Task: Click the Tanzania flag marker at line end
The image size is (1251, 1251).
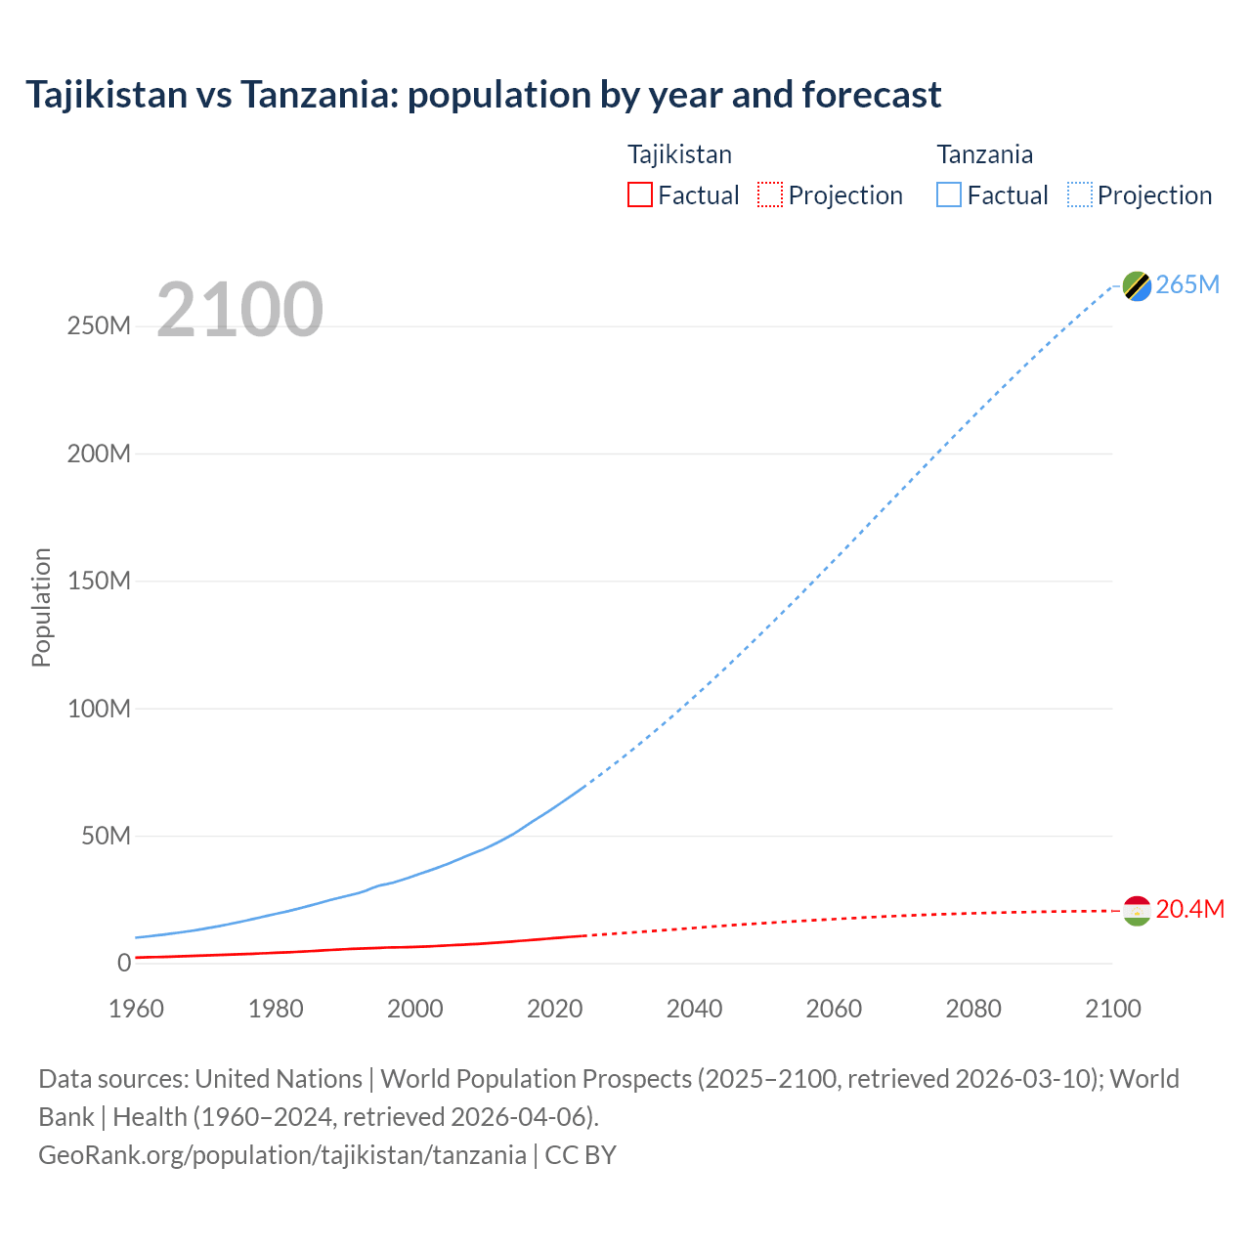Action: point(1137,285)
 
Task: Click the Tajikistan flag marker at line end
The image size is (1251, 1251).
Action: point(1137,911)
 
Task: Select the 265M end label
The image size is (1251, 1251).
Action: point(1187,284)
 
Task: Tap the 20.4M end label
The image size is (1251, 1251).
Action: point(1189,910)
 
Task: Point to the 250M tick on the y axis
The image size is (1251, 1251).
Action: point(99,326)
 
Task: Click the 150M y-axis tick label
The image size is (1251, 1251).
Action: point(99,582)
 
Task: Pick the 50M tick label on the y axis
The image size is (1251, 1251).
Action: point(106,837)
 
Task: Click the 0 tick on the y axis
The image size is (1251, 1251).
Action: point(124,964)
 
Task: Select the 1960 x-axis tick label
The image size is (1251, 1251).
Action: point(136,1009)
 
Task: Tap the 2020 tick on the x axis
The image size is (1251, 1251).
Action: point(554,1009)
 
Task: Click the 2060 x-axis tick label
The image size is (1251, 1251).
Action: point(834,1009)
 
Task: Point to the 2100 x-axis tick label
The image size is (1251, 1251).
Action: point(1112,1009)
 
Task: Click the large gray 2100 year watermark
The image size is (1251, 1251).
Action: point(239,310)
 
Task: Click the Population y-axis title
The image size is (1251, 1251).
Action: point(41,607)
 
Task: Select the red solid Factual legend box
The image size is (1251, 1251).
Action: point(640,195)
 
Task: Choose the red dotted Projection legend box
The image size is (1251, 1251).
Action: point(770,195)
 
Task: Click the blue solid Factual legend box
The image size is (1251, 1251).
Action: point(949,195)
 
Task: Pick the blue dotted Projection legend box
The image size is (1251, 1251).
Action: point(1080,195)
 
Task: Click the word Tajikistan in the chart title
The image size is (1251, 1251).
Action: point(107,95)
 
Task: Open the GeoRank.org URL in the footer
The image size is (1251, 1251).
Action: point(282,1155)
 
